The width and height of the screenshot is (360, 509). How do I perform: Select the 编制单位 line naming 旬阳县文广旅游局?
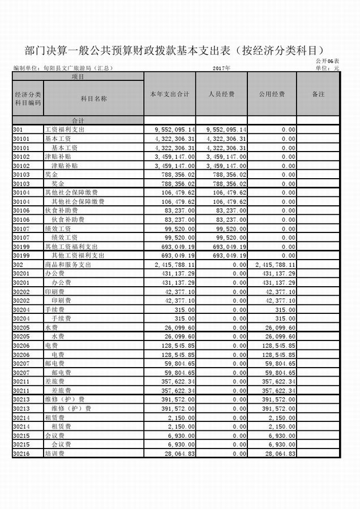pos(63,68)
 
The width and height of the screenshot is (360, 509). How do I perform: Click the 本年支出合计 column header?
pos(172,94)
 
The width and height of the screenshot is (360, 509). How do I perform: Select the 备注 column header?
pos(318,94)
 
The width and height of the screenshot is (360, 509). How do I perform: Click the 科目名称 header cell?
pos(93,98)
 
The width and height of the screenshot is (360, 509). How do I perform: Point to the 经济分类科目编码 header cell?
pos(28,98)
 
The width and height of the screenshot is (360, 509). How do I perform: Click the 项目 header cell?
pos(78,76)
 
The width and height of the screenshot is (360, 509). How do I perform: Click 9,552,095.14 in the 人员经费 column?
pos(225,130)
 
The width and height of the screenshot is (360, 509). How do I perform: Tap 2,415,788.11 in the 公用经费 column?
pos(273,265)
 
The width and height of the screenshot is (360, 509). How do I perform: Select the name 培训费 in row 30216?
pos(55,454)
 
